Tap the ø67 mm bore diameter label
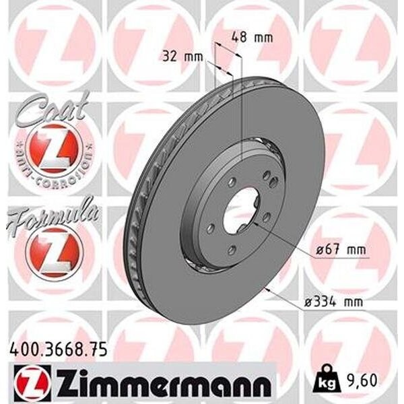(x=341, y=250)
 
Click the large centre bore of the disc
(x=240, y=209)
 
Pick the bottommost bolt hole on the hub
(x=231, y=250)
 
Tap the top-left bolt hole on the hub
(x=231, y=182)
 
